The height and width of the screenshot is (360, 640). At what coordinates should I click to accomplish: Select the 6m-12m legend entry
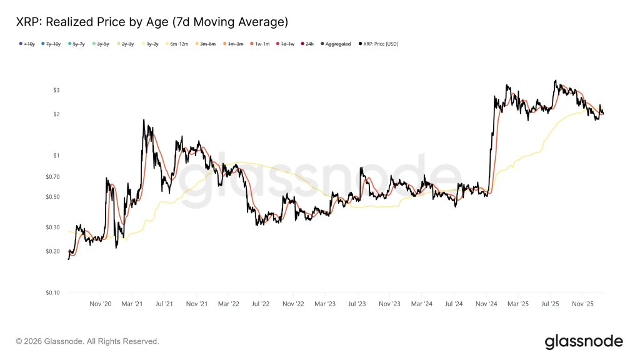(x=181, y=44)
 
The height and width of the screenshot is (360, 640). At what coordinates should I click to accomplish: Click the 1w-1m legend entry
(x=259, y=44)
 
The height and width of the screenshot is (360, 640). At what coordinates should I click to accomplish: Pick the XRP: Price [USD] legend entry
(x=377, y=44)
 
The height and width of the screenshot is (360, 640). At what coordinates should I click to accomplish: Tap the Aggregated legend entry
(x=337, y=44)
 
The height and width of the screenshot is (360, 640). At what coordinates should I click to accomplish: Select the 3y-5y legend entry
(x=101, y=44)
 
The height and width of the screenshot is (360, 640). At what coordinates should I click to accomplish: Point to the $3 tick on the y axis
(x=56, y=91)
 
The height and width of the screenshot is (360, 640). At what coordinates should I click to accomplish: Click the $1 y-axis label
(x=56, y=156)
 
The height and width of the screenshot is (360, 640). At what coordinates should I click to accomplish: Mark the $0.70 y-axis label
(x=52, y=177)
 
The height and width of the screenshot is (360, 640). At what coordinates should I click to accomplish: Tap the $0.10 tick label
(x=52, y=292)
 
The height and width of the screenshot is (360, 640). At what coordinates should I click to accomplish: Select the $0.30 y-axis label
(x=52, y=227)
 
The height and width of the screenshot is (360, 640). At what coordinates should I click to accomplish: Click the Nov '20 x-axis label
(x=100, y=304)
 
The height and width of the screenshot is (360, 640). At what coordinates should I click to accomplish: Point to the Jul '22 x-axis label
(x=261, y=304)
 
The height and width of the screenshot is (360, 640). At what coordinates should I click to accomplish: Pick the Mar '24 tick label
(x=421, y=304)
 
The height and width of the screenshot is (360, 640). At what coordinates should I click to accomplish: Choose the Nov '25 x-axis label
(x=582, y=304)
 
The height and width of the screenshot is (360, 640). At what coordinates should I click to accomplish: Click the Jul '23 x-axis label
(x=357, y=304)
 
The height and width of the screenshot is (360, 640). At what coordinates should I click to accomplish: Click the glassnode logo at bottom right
(x=584, y=341)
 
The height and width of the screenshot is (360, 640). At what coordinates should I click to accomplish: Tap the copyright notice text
(x=87, y=342)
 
